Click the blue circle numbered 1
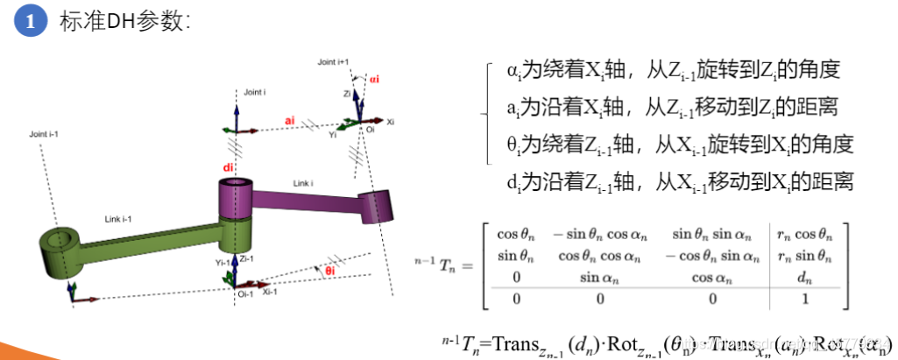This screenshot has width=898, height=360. click(30, 22)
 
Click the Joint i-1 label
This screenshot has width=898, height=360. click(43, 134)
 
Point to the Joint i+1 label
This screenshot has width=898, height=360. click(333, 62)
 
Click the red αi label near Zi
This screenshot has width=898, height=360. click(373, 79)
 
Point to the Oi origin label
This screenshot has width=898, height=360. click(368, 135)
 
